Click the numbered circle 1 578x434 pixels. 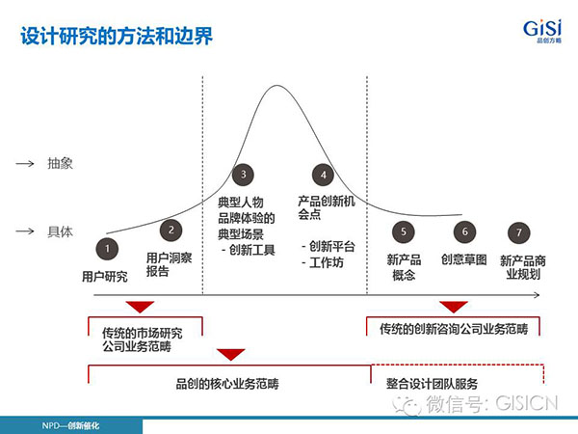(107, 249)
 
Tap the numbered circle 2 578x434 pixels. (171, 230)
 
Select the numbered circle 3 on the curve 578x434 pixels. (244, 175)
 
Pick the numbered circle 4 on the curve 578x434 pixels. (323, 175)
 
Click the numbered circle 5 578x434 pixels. (404, 231)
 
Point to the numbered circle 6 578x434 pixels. (465, 231)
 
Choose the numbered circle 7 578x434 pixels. (519, 232)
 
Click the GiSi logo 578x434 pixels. (542, 31)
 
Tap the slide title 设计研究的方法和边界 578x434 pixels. (117, 37)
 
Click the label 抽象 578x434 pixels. (60, 163)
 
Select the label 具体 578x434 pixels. (60, 231)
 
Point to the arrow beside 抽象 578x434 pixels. (25, 164)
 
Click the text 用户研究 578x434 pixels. (105, 277)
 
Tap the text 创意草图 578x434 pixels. (464, 259)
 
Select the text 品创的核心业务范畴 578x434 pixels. (227, 384)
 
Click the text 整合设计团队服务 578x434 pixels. (432, 384)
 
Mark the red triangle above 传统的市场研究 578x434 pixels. (140, 307)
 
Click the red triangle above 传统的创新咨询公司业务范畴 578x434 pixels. (454, 307)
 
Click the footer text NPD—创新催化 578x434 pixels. (70, 426)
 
